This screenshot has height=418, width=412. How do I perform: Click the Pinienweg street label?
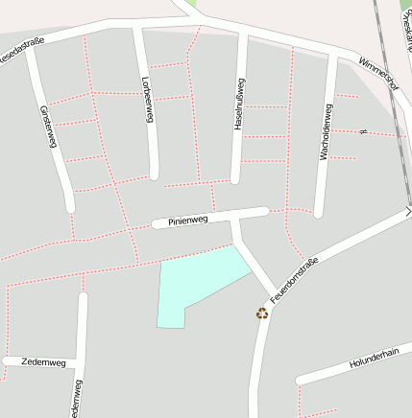tap(188, 221)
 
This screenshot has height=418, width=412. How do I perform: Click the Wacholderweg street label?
tap(326, 133)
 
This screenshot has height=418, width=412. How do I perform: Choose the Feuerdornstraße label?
tap(294, 279)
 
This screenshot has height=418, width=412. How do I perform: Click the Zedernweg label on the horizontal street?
tap(43, 362)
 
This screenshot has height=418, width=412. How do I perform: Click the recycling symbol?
tap(262, 313)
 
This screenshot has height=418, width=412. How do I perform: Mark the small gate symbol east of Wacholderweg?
tap(362, 130)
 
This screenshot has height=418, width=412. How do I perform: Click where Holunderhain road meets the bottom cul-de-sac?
tap(301, 380)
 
